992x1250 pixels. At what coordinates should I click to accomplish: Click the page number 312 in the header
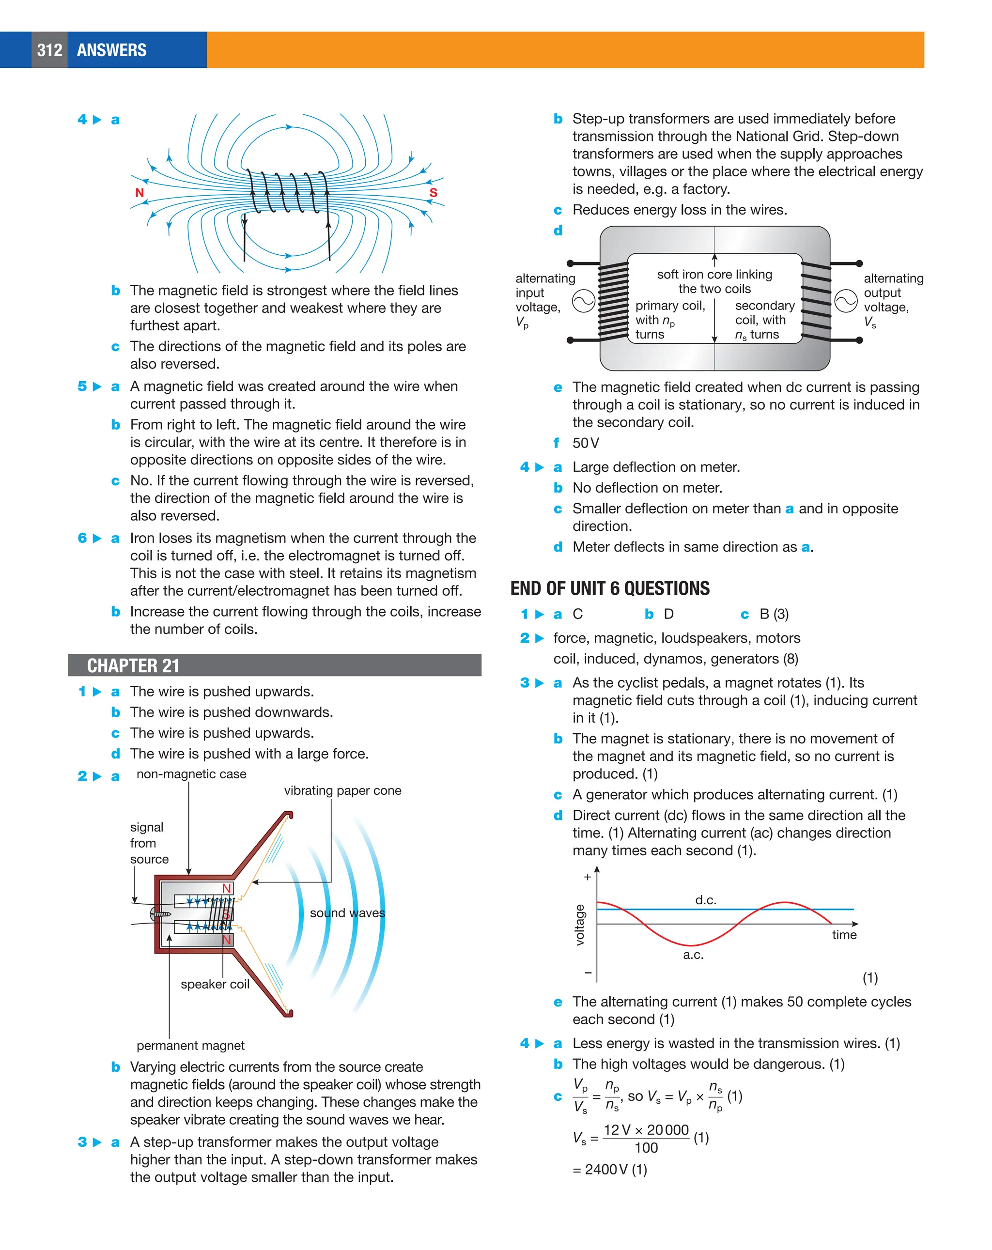click(49, 50)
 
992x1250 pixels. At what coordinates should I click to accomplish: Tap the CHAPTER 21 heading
click(133, 665)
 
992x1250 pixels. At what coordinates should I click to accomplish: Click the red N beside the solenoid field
click(139, 192)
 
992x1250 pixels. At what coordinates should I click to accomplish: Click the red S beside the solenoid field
click(433, 192)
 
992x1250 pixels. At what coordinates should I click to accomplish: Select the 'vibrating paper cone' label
click(342, 791)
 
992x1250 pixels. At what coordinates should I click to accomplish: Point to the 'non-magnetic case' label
click(191, 774)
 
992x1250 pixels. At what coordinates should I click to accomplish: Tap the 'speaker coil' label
click(215, 985)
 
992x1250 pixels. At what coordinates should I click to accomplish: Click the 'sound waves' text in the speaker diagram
click(347, 913)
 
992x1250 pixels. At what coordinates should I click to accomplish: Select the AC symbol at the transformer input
click(583, 301)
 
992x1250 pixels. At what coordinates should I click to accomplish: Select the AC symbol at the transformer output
click(846, 301)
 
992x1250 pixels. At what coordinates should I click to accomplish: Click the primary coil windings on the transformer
click(613, 301)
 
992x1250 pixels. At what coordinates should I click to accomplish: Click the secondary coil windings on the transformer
click(816, 301)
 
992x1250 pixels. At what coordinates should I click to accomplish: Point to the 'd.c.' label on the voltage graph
click(706, 900)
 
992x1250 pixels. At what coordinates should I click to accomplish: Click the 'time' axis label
click(844, 935)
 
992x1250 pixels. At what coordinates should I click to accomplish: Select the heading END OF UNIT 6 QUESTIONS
click(609, 588)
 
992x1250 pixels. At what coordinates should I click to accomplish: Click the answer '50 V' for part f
click(586, 444)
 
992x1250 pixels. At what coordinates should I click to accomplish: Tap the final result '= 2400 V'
click(609, 1170)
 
